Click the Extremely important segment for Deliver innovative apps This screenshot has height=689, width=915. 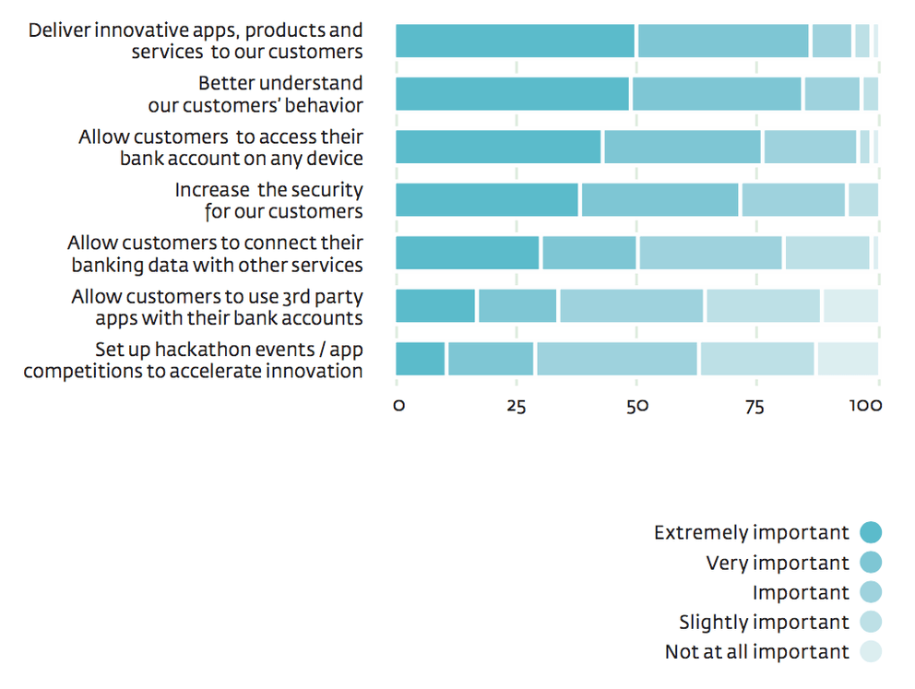click(516, 41)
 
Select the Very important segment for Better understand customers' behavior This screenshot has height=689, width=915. click(717, 94)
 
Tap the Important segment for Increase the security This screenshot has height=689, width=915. click(793, 200)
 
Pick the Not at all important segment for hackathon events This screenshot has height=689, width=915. click(848, 359)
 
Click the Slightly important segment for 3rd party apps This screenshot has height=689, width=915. click(763, 306)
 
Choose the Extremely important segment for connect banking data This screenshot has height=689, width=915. click(468, 253)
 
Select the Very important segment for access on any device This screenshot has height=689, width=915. click(683, 147)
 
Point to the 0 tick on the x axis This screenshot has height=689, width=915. click(398, 405)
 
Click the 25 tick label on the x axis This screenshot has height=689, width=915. click(517, 405)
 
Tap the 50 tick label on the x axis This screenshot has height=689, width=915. click(636, 405)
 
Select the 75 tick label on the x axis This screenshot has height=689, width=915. click(755, 405)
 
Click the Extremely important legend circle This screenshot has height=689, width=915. click(871, 532)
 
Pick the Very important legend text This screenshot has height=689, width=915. click(778, 563)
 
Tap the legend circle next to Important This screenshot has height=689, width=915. click(871, 592)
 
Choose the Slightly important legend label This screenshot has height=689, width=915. click(764, 623)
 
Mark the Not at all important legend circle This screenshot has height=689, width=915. click(871, 652)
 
